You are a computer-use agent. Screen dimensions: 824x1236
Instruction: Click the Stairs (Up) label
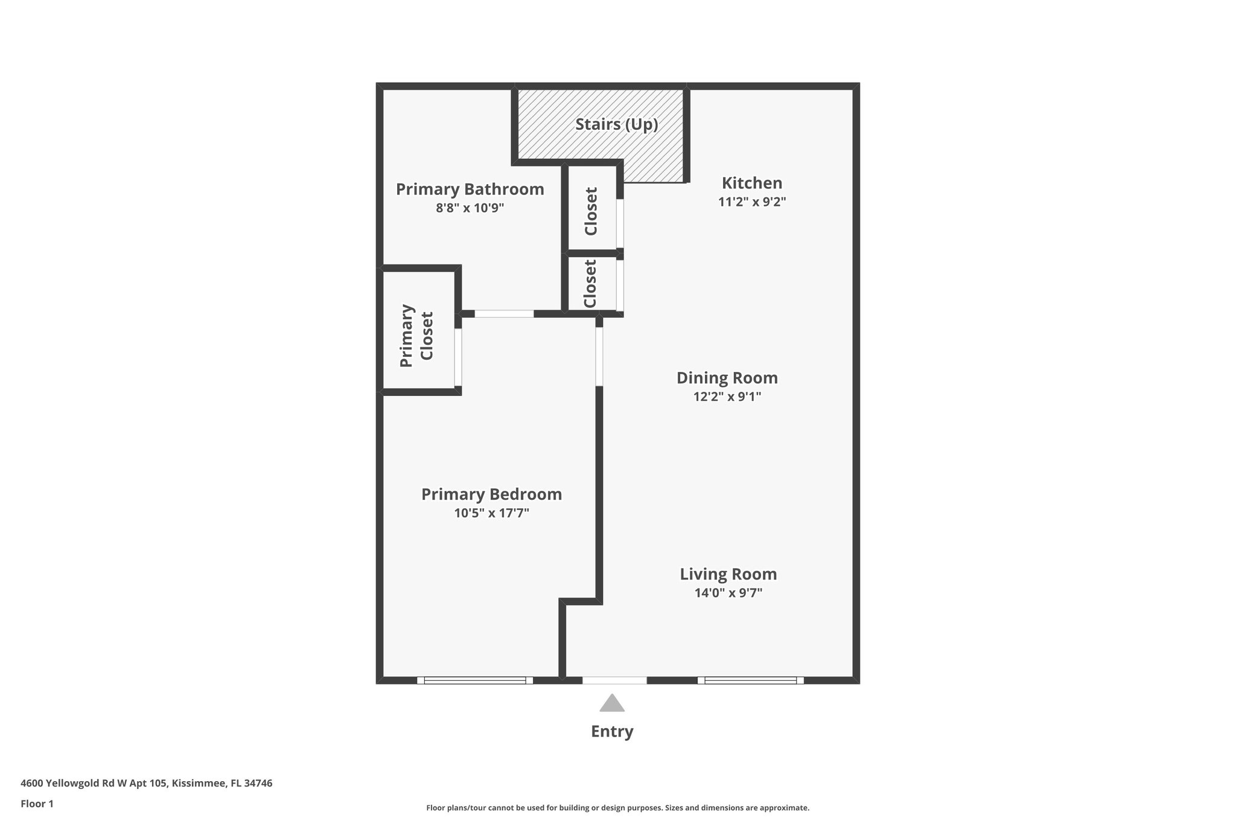pos(616,124)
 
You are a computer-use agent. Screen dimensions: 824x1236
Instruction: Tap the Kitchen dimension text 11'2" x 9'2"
pos(751,202)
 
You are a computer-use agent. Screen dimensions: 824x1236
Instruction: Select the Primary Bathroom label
pos(470,190)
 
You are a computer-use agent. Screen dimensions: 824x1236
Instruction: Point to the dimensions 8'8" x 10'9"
pos(470,208)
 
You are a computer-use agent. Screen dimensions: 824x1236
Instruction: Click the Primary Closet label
pos(416,336)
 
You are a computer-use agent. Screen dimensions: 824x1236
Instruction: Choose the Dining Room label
pos(727,378)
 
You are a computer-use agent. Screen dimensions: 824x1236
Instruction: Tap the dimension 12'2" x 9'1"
pos(727,397)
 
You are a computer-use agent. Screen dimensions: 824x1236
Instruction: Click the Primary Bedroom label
pos(491,494)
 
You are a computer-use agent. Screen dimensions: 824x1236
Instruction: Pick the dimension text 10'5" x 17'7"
pos(491,513)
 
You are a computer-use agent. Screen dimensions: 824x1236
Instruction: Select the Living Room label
pos(728,574)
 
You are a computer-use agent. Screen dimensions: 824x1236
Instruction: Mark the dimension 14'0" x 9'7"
pos(728,593)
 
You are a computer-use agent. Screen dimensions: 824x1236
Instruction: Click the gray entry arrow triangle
pos(611,704)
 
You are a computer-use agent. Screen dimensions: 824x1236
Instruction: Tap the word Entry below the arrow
pos(611,732)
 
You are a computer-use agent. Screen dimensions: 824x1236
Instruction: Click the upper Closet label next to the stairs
pos(591,211)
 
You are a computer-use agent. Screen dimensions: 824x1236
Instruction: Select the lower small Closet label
pos(590,284)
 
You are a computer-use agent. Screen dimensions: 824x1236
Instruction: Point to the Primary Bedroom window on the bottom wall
pos(474,680)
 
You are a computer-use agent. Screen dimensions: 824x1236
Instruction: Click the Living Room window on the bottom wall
pos(750,680)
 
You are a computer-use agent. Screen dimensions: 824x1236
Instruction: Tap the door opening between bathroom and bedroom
pos(504,314)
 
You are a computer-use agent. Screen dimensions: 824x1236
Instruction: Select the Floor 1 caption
pos(37,803)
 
